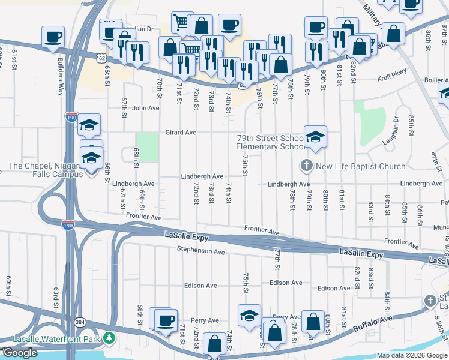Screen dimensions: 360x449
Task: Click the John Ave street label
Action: pos(145,108)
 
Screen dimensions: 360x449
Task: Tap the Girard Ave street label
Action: pos(181,132)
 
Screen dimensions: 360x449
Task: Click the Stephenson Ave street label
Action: pos(200,250)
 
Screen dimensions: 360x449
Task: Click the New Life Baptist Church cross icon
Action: pos(306,165)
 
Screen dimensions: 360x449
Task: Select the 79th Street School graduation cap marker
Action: pos(315,137)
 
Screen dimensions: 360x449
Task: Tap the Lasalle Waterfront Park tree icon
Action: pos(109,339)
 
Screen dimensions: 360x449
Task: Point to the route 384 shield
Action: pos(79,322)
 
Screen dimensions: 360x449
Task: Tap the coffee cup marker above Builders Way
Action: pos(53,37)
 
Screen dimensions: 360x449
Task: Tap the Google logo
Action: pos(20,353)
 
